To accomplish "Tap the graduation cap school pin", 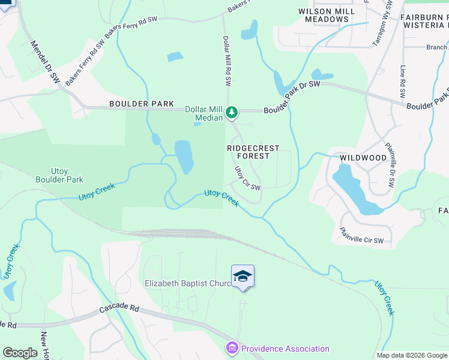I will tap(243, 277).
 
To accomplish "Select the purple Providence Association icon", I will tap(232, 348).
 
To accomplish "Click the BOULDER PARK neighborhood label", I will tap(136, 104).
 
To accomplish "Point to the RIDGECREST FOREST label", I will tap(256, 151).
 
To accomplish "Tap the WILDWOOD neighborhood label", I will tap(363, 158).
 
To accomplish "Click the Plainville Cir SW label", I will tap(361, 235).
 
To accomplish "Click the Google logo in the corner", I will tap(20, 352).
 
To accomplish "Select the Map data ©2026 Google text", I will tap(411, 355).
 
